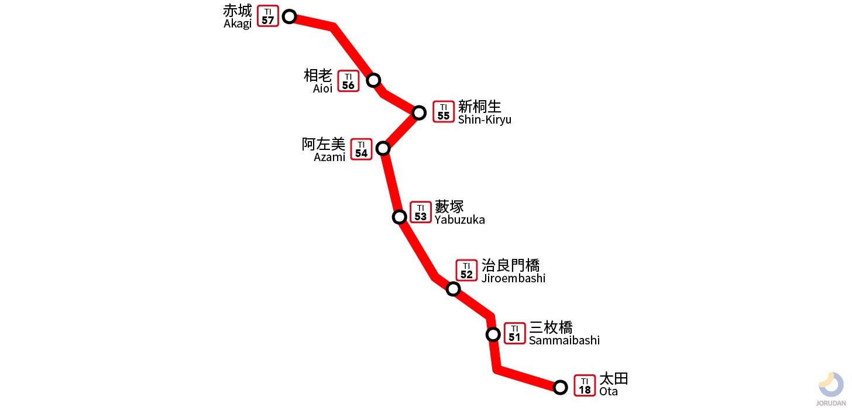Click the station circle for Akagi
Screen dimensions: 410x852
[289, 16]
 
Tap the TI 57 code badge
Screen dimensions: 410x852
[268, 16]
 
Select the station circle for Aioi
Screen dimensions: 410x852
[373, 80]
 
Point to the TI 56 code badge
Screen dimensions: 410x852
[348, 81]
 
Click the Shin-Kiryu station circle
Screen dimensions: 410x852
[419, 112]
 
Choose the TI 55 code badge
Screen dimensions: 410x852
[444, 112]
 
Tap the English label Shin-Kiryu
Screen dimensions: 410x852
[485, 119]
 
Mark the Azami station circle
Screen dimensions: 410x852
[383, 148]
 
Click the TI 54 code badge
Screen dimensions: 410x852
[361, 149]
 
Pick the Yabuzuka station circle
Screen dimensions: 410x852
[399, 217]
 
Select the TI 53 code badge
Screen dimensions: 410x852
[420, 212]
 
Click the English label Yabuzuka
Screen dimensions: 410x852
[459, 220]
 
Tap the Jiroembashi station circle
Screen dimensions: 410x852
[453, 289]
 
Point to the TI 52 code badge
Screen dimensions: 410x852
[466, 271]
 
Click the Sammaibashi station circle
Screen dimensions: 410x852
[493, 334]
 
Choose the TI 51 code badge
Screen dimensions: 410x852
[514, 333]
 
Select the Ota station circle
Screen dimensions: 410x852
[560, 387]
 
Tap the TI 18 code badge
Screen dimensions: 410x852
[585, 385]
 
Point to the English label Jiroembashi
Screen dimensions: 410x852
[513, 278]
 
